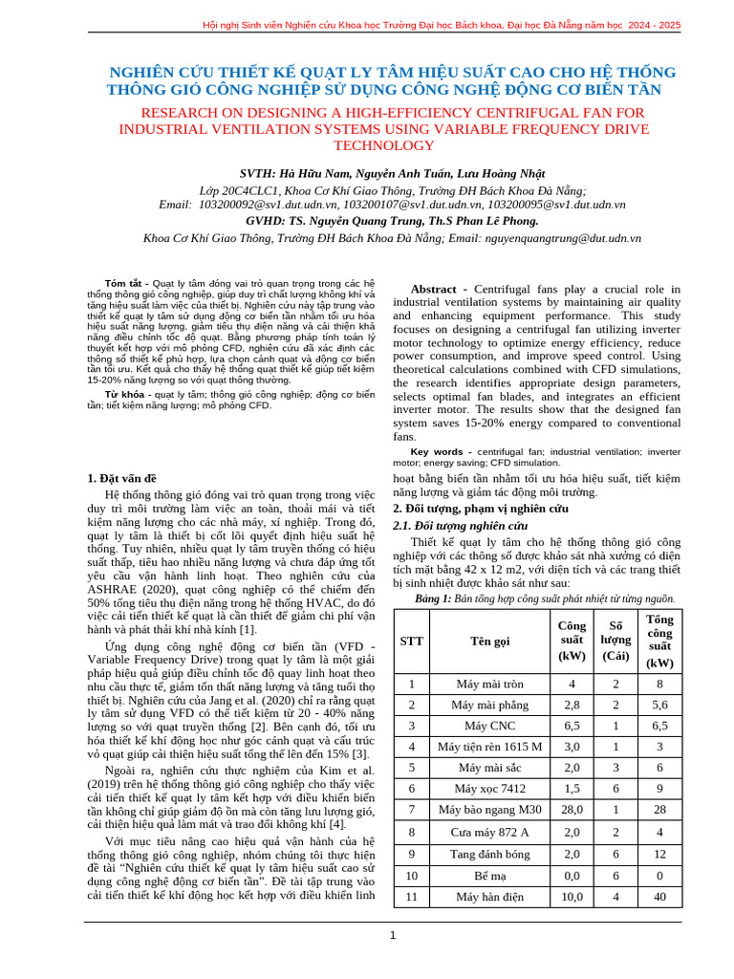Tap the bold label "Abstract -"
point(439,289)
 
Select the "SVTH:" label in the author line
point(257,174)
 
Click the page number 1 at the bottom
point(392,934)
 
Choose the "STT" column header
point(411,641)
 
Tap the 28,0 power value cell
point(572,810)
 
